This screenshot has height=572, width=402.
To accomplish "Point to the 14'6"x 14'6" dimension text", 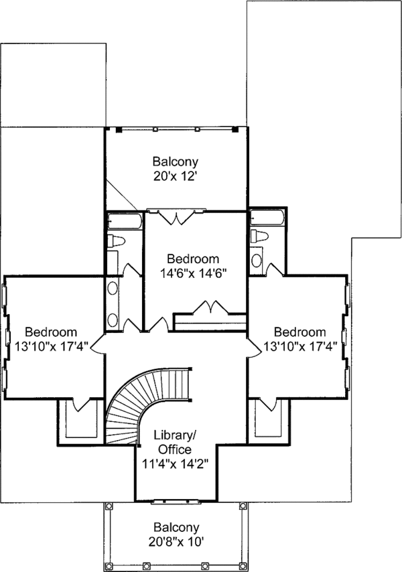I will tap(193, 273).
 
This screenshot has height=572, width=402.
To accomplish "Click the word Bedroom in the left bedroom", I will tap(51, 332).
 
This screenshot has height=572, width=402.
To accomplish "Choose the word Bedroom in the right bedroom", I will tap(300, 332).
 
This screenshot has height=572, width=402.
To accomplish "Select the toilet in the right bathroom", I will tap(259, 236).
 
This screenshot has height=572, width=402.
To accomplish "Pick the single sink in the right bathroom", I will tap(257, 261).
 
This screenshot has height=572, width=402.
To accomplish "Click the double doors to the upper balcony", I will tap(176, 216).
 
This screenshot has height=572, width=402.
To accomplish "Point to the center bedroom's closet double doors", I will tap(213, 307).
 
